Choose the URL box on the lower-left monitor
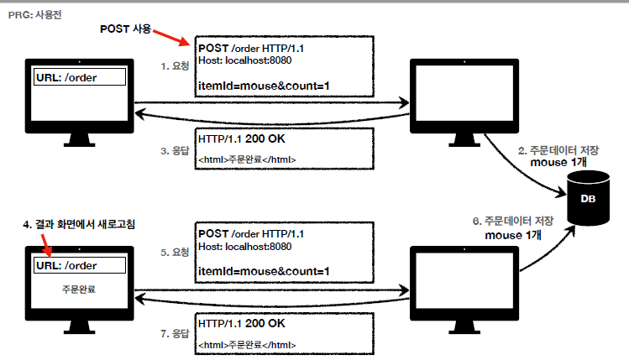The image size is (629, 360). [x=80, y=266]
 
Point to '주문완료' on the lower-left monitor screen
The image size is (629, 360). [x=79, y=288]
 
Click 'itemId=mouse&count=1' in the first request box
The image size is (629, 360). [x=263, y=85]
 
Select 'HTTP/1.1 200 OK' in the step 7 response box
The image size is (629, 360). [x=241, y=323]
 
